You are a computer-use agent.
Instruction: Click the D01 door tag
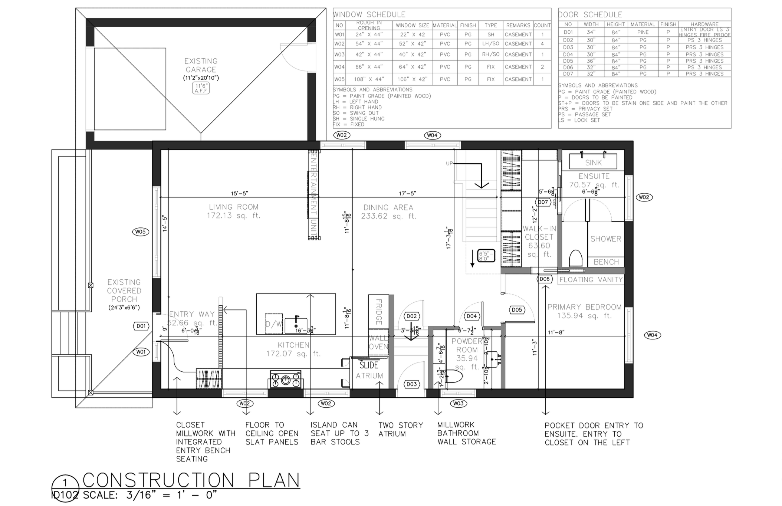point(141,326)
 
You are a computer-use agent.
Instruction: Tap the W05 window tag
point(140,232)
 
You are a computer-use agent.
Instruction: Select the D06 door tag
point(544,279)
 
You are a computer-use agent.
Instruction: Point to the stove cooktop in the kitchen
point(285,379)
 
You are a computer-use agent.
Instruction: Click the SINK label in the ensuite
point(593,162)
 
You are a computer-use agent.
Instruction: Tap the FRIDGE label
point(379,312)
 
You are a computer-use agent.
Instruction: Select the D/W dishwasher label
point(274,324)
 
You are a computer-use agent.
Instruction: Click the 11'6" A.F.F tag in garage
point(201,88)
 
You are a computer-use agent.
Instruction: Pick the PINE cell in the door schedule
point(643,32)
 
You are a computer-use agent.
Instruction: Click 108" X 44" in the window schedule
point(369,79)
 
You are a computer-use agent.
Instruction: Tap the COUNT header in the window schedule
point(542,25)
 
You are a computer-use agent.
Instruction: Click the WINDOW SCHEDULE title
point(369,14)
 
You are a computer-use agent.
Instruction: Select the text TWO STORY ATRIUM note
point(400,429)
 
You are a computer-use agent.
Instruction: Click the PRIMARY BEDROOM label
point(584,307)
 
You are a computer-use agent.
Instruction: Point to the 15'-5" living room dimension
point(239,193)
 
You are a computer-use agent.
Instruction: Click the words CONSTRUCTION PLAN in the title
point(191,480)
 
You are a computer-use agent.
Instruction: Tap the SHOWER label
point(605,239)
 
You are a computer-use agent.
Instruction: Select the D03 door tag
point(411,384)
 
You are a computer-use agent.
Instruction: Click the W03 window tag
point(458,403)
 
